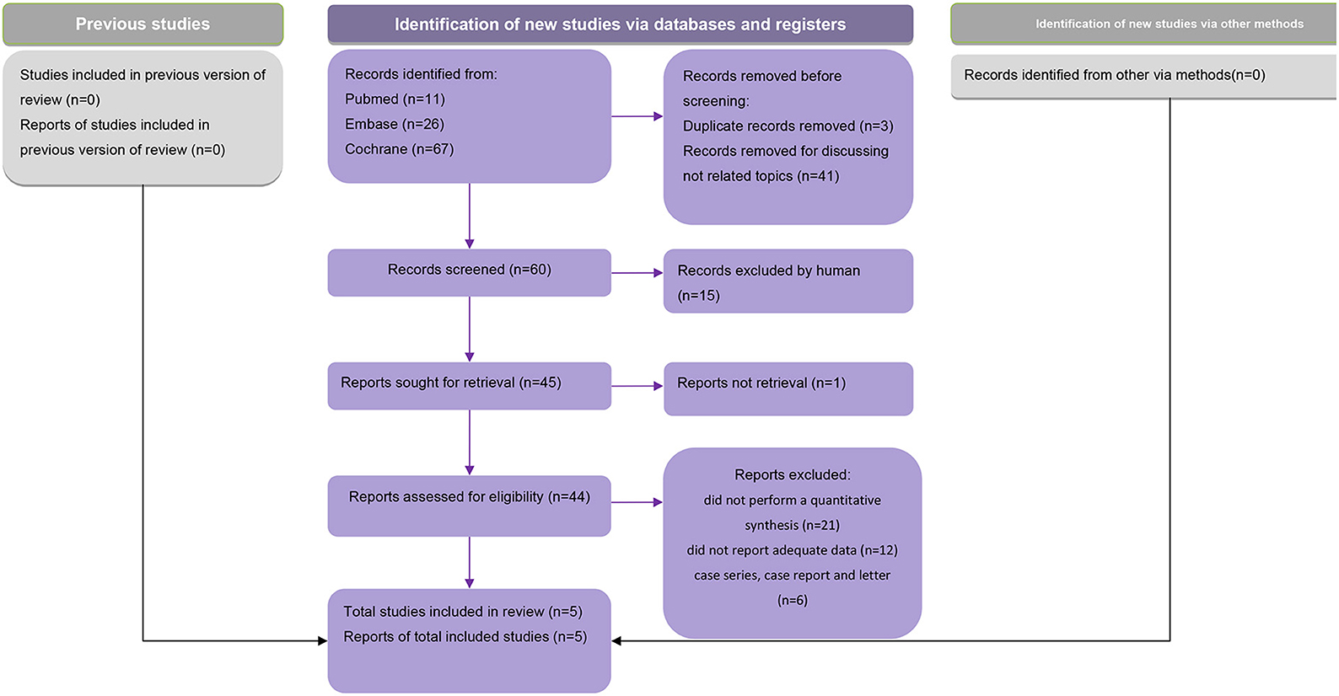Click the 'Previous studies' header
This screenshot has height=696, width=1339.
coord(143,24)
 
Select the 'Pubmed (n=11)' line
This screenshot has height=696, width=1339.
coord(395,99)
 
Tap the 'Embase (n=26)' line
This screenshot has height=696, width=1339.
coord(395,124)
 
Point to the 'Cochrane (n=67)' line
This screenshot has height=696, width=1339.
coord(400,149)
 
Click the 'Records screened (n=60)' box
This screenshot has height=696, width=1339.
coord(470,272)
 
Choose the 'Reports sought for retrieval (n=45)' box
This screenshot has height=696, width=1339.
coord(470,386)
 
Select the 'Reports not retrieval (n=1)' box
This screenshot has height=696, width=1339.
coord(788,389)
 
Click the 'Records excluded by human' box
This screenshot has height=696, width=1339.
coord(788,281)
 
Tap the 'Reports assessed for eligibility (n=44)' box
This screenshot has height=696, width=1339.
coord(470,506)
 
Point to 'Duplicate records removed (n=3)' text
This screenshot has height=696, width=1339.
coord(788,126)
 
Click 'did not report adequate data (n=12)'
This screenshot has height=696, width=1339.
coord(792,550)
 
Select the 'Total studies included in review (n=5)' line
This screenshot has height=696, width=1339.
coord(463,612)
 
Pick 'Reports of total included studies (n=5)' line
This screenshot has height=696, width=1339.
coord(465,637)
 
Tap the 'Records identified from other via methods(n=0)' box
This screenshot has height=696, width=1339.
coord(1143,77)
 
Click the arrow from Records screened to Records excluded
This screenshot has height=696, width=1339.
coord(637,273)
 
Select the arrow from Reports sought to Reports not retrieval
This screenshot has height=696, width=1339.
coord(637,387)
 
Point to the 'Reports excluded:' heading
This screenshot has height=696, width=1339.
coord(792,475)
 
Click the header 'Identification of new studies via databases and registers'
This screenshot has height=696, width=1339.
coord(621,24)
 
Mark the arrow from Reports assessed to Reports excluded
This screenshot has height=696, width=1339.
coord(637,502)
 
